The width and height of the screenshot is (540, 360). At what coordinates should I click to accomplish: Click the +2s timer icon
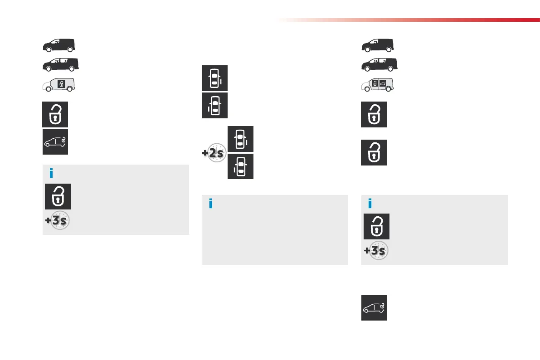pyautogui.click(x=214, y=153)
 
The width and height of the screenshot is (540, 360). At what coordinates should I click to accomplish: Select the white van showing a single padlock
pyautogui.click(x=58, y=85)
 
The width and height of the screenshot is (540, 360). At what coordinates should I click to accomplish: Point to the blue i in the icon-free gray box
pyautogui.click(x=210, y=204)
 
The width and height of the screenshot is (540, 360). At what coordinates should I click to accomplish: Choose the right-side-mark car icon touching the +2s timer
pyautogui.click(x=240, y=139)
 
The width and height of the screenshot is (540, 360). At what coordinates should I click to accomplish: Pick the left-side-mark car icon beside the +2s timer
pyautogui.click(x=240, y=166)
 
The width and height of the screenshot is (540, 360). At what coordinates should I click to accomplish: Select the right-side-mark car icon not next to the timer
pyautogui.click(x=214, y=78)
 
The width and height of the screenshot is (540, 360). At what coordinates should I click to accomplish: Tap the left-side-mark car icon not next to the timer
pyautogui.click(x=214, y=106)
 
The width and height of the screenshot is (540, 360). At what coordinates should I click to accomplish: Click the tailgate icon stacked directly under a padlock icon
pyautogui.click(x=55, y=141)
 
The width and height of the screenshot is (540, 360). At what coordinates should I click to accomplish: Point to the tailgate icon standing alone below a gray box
pyautogui.click(x=374, y=308)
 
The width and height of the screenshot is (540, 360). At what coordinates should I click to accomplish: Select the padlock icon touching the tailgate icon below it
pyautogui.click(x=55, y=114)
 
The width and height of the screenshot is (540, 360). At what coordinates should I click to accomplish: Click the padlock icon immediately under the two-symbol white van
pyautogui.click(x=374, y=114)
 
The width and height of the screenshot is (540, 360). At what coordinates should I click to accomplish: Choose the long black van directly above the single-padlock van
pyautogui.click(x=60, y=64)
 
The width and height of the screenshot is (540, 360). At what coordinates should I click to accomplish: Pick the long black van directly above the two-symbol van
pyautogui.click(x=379, y=64)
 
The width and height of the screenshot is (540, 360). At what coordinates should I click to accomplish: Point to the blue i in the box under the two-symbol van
pyautogui.click(x=370, y=204)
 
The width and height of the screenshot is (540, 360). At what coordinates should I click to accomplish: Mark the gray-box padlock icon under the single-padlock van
pyautogui.click(x=58, y=196)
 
